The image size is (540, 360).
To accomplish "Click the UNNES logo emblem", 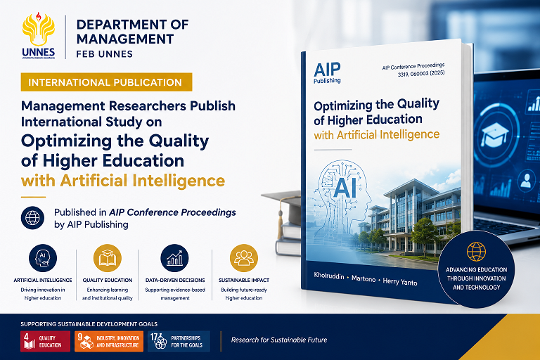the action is click(39, 35).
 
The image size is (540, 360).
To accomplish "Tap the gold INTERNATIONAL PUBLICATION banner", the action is click(106, 82).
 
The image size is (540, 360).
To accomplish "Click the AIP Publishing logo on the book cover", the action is click(327, 72).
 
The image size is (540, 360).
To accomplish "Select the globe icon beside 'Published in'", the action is click(32, 218).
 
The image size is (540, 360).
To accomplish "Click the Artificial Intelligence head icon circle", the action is click(43, 258).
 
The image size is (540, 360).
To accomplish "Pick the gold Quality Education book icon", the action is click(108, 258).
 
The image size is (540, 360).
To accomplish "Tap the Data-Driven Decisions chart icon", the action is click(174, 258).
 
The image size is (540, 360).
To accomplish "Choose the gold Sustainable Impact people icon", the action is click(244, 258).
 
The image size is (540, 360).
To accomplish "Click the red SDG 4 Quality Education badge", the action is click(45, 342).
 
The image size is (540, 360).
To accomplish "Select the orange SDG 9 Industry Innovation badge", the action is click(109, 342).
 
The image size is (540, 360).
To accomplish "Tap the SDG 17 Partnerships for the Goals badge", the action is click(179, 342).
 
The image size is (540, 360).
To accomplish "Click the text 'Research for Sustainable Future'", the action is click(279, 340).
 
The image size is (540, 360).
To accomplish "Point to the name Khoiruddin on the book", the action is click(329, 276).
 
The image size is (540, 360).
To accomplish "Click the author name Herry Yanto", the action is click(400, 281).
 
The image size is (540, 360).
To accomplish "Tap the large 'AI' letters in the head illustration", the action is click(345, 188).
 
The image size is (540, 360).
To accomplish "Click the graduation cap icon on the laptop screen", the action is click(495, 135).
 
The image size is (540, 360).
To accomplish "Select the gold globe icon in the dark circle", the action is click(476, 252).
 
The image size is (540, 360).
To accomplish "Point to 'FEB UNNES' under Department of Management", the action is click(104, 54).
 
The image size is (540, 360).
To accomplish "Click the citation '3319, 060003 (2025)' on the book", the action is click(421, 73).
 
